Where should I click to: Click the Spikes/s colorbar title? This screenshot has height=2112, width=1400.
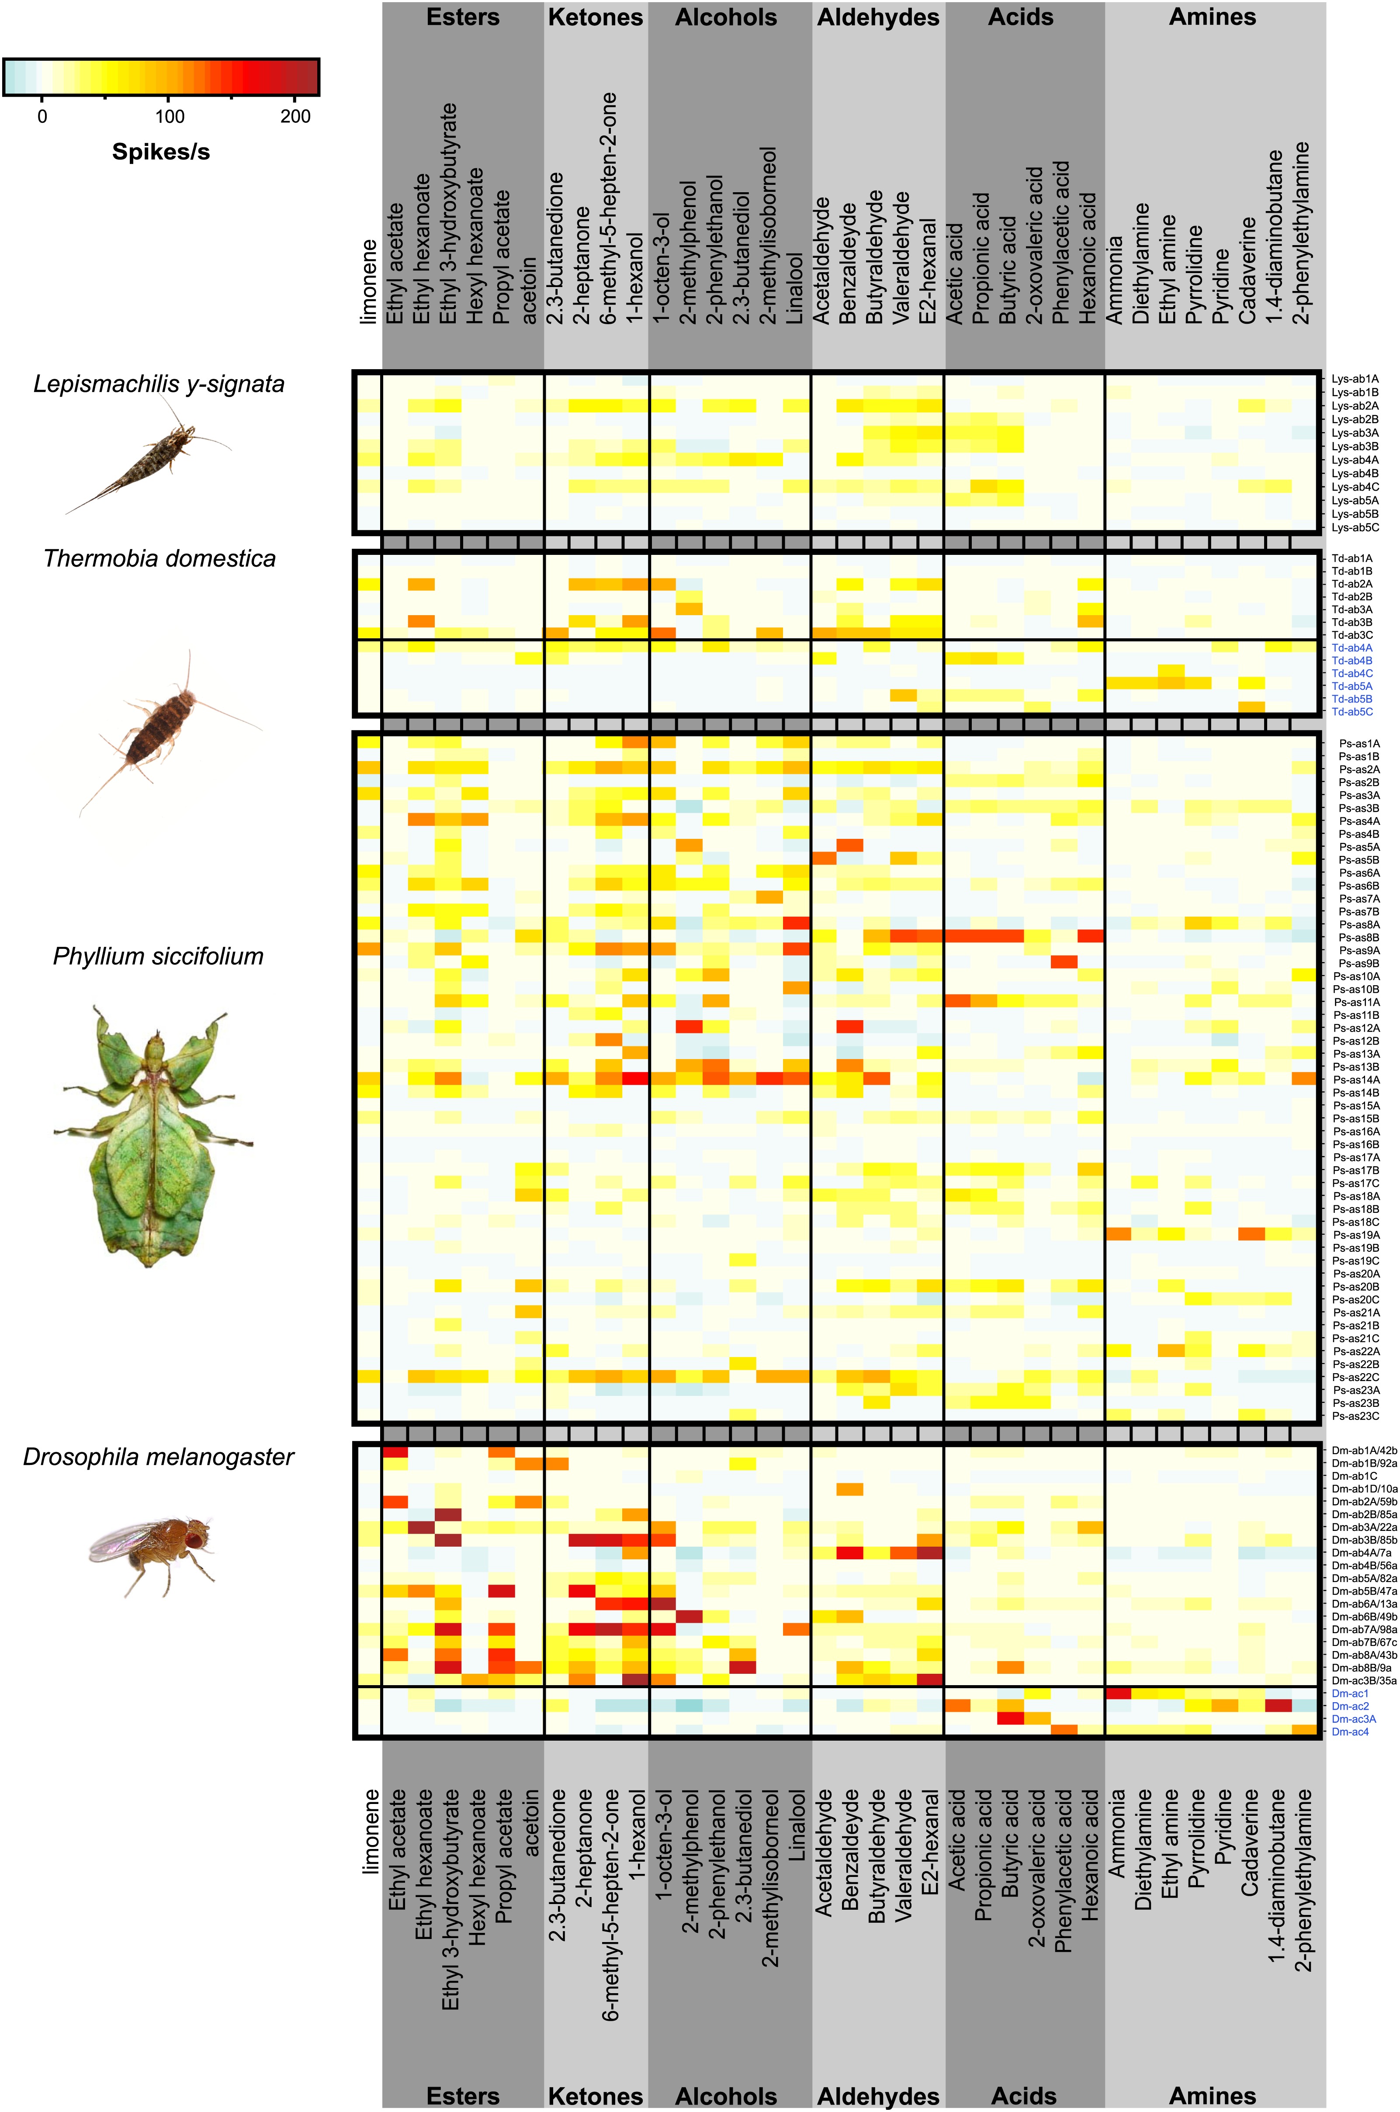pos(161,152)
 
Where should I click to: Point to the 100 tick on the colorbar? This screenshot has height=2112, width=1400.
pos(170,116)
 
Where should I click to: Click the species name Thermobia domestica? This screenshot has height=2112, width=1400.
pos(160,559)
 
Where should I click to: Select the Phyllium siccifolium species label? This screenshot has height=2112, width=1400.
pos(158,956)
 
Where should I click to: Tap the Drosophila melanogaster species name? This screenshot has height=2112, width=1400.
pos(158,1457)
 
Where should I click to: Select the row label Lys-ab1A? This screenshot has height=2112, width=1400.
pos(1355,378)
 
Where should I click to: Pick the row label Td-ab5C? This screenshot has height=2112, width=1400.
pos(1352,711)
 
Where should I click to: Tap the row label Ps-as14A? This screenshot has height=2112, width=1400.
pos(1355,1079)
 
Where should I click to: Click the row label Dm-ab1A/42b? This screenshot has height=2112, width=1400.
pos(1363,1451)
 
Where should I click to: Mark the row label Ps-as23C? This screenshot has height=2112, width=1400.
pos(1355,1416)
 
